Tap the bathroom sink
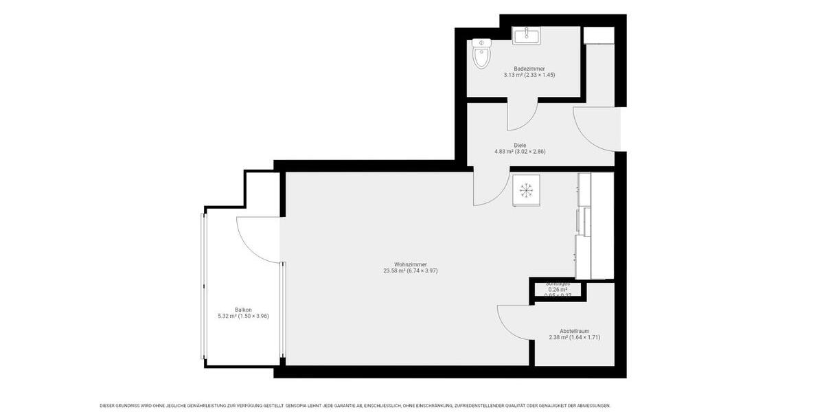(x=527, y=35)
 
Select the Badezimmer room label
(x=529, y=69)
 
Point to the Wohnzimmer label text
(x=411, y=264)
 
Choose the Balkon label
(x=242, y=310)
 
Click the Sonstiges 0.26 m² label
(x=558, y=289)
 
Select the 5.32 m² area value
(x=227, y=316)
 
